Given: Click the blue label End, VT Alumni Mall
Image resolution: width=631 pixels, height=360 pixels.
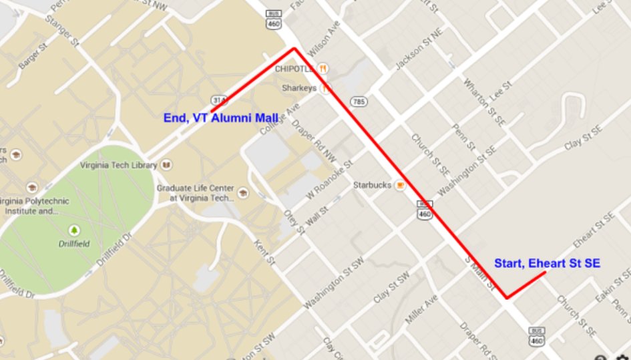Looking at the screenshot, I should [220, 118].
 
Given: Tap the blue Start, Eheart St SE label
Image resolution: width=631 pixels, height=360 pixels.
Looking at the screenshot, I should [547, 263].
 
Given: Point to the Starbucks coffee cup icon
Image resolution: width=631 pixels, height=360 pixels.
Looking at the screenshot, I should [400, 185].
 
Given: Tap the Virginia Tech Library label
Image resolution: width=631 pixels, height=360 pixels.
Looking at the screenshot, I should [118, 164].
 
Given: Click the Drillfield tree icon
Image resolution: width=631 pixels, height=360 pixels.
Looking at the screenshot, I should [74, 230].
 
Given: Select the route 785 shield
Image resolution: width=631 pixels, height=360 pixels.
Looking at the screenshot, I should [359, 102].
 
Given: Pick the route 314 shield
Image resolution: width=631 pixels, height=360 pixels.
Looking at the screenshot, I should [218, 98].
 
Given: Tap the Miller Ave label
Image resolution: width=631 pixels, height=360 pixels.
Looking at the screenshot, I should [421, 309].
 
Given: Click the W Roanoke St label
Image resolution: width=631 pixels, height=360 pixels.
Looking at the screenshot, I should [329, 179].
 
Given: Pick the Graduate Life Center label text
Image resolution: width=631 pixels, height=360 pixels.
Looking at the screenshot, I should [195, 193].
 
